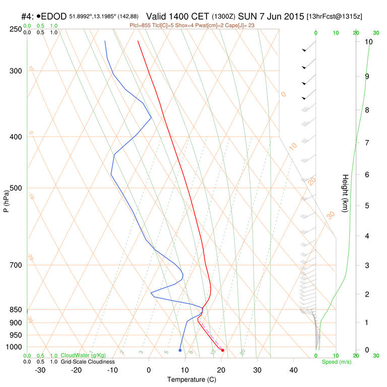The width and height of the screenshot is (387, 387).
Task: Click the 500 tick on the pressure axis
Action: click(x=16, y=188)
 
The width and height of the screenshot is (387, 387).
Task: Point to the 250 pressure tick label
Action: click(x=16, y=29)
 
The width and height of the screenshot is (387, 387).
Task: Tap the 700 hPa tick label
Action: click(x=16, y=265)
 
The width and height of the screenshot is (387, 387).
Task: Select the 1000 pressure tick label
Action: click(x=14, y=347)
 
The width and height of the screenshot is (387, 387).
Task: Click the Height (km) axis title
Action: click(x=346, y=193)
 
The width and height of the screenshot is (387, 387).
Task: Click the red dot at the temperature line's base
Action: click(x=223, y=350)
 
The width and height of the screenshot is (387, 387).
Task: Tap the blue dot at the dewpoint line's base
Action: click(x=180, y=350)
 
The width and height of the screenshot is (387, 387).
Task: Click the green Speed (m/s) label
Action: click(x=336, y=362)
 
